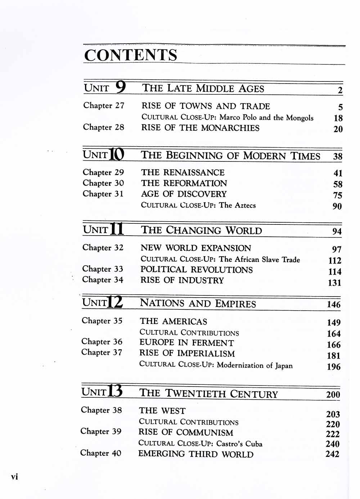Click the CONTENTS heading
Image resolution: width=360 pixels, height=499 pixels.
tap(131, 55)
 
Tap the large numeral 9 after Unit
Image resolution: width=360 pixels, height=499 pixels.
tap(121, 86)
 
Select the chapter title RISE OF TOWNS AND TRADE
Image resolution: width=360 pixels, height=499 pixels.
tap(206, 106)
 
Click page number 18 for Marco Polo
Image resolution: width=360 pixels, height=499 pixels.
tap(338, 118)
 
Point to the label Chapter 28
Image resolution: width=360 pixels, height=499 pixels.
tap(104, 127)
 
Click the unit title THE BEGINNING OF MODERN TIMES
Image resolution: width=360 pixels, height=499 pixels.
tap(230, 156)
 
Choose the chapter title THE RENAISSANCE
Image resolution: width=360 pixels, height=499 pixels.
tap(183, 173)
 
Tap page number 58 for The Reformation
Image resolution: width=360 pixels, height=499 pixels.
tap(338, 184)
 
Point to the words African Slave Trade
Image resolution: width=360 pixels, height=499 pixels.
tap(267, 259)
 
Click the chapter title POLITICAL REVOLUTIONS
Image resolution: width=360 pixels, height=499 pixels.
tap(197, 270)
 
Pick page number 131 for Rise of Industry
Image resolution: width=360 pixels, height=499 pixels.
tap(334, 283)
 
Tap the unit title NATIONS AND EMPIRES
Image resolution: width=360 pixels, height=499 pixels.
tap(198, 303)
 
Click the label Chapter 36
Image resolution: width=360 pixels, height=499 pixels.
tap(102, 342)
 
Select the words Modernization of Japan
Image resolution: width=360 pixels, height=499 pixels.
tap(255, 365)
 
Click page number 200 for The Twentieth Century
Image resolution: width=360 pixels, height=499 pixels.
tap(333, 395)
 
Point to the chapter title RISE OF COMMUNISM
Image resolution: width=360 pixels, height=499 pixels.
tap(186, 432)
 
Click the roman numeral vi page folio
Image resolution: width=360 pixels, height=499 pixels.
tap(14, 477)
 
